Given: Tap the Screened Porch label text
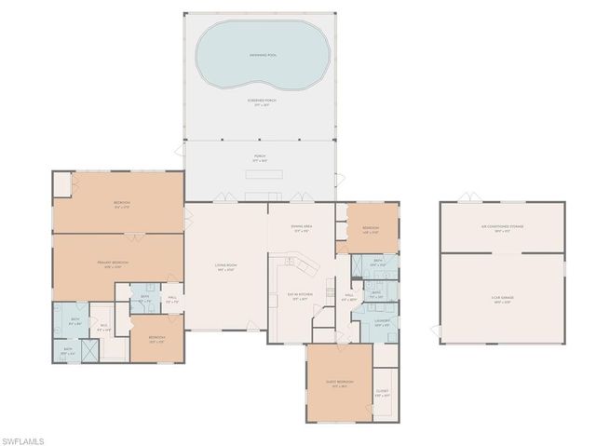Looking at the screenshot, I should coord(260,102).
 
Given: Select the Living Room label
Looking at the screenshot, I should coord(224,268).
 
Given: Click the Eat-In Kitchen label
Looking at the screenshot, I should coord(300,296).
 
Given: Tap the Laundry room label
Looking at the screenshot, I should coord(382,322).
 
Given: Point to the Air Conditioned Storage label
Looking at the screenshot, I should coord(502,228).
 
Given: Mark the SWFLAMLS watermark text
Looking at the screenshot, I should coord(29,439).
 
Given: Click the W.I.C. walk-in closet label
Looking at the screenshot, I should coord(103,326).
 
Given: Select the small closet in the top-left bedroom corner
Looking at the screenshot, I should coord(61,183).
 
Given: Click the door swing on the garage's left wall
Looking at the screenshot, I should coord(435,330).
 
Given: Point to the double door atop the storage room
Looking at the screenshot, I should coord(471,196).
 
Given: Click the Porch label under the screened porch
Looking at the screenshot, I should coord(260,158).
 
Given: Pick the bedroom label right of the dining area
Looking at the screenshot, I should coord(371,229).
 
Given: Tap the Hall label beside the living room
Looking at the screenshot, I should coord(171,301).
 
